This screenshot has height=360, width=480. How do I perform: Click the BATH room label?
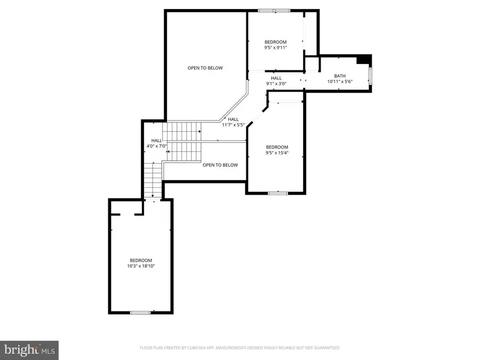point(340,76)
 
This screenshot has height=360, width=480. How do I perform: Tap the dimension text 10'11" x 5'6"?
point(340,82)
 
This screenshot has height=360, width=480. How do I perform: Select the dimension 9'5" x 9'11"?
point(276,48)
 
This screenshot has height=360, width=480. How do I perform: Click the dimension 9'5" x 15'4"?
point(277,153)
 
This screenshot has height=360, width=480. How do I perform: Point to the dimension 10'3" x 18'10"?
point(141,266)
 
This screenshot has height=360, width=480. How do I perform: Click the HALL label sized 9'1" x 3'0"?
point(276,78)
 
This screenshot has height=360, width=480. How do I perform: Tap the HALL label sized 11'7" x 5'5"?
point(234,119)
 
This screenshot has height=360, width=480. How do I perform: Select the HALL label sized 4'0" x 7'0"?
point(156,140)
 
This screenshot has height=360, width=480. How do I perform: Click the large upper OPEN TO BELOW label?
point(205,68)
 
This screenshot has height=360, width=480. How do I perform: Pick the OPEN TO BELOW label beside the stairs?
point(220,165)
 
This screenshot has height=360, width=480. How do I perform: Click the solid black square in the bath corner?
point(364,59)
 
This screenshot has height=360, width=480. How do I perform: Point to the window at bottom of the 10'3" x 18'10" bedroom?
point(141,312)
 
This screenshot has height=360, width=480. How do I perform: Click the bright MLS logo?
point(29,350)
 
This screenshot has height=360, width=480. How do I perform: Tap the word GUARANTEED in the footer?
point(326,348)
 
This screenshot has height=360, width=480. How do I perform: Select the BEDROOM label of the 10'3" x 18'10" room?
point(141,260)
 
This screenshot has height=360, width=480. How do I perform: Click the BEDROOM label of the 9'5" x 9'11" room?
point(276,42)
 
